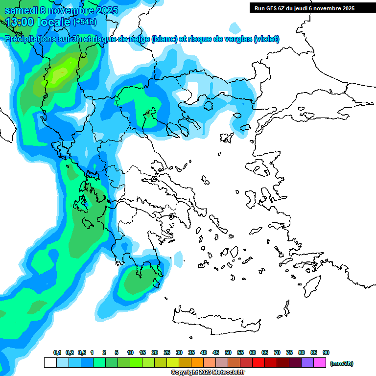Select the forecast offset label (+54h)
tap(85, 22)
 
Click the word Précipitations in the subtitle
tap(31, 39)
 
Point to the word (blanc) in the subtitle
tap(164, 39)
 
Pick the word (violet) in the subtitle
tap(266, 39)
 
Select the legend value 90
tap(326, 352)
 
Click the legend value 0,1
tap(57, 352)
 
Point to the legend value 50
tap(228, 352)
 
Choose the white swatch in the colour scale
tap(50, 363)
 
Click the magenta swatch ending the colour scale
tap(320, 363)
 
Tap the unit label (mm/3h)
tap(342, 363)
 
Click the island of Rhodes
tap(311, 284)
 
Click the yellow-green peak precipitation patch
tap(60, 73)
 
